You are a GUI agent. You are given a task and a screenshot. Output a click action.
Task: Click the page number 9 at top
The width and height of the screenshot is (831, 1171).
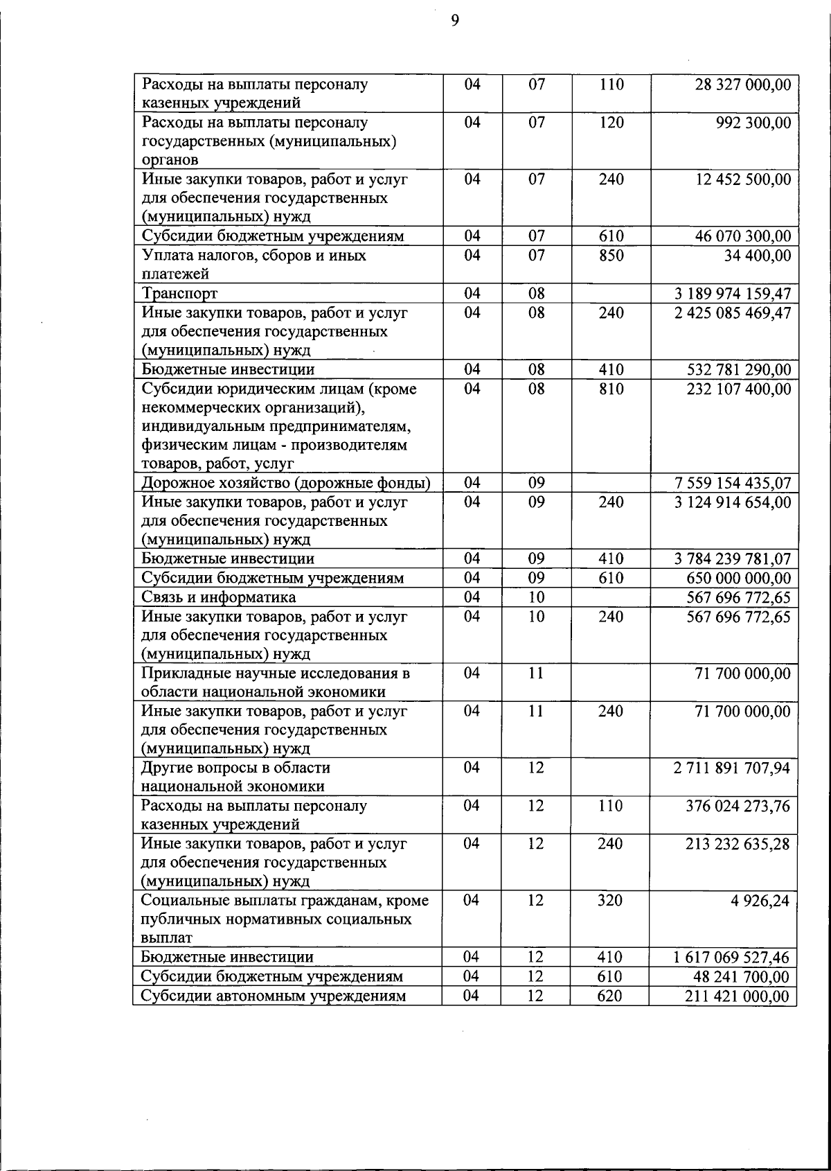point(455,21)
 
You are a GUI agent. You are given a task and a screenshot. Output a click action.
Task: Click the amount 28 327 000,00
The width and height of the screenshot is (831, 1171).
point(742,85)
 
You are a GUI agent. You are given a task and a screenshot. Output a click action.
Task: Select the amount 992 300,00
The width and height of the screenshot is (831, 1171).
point(753,123)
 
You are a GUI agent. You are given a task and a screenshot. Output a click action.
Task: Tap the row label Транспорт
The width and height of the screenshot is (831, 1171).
point(179,294)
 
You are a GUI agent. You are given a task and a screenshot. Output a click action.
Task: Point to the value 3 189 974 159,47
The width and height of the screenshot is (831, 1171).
point(733,294)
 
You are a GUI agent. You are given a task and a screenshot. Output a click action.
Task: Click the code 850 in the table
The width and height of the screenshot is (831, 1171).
point(611,256)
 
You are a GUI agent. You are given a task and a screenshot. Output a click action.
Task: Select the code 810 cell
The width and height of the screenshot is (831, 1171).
point(611,389)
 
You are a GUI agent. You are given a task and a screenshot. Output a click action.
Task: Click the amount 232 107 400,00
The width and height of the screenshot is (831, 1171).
point(738,389)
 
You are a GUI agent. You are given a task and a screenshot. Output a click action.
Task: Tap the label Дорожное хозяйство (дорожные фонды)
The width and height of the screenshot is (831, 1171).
point(286,483)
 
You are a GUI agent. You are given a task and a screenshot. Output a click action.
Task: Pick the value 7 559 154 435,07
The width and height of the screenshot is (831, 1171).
point(733,483)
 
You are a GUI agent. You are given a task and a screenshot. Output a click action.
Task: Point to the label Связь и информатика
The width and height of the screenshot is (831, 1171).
point(219,597)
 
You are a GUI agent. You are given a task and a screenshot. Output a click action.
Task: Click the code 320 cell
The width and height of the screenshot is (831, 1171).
point(610,901)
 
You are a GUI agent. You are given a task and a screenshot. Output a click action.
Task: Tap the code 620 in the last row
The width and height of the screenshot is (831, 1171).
point(610,996)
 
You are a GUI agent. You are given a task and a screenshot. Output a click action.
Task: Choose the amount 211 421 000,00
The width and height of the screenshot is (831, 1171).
point(738,996)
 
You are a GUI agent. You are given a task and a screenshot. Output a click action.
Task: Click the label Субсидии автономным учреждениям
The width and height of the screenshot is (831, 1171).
point(273,996)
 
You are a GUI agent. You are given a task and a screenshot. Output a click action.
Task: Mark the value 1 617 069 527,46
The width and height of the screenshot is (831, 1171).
point(731,958)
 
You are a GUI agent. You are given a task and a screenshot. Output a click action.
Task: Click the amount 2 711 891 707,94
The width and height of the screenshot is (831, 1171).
point(731,768)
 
